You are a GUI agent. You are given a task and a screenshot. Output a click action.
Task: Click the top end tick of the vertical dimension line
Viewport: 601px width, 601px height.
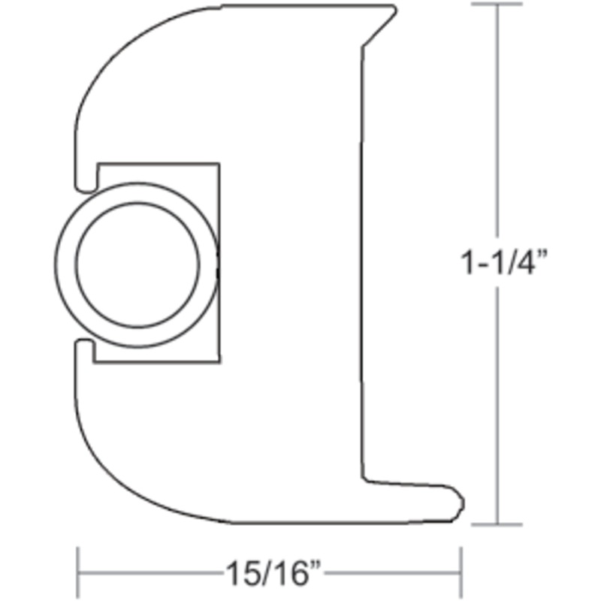(497, 5)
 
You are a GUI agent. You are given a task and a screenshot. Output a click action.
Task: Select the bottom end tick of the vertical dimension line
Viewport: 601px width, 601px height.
(497, 524)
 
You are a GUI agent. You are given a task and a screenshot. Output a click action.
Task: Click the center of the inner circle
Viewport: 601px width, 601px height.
(138, 264)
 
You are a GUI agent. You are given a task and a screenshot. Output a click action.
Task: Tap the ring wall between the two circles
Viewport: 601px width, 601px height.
(66, 264)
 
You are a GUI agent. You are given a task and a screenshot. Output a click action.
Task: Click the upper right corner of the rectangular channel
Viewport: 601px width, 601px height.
(219, 164)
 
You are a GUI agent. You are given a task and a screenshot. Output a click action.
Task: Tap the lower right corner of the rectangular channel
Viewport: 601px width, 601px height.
(219, 363)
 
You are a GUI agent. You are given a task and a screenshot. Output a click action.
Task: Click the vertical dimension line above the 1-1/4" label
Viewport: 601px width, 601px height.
(497, 128)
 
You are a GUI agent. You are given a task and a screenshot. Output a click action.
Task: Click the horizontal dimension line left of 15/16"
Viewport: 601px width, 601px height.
(150, 574)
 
